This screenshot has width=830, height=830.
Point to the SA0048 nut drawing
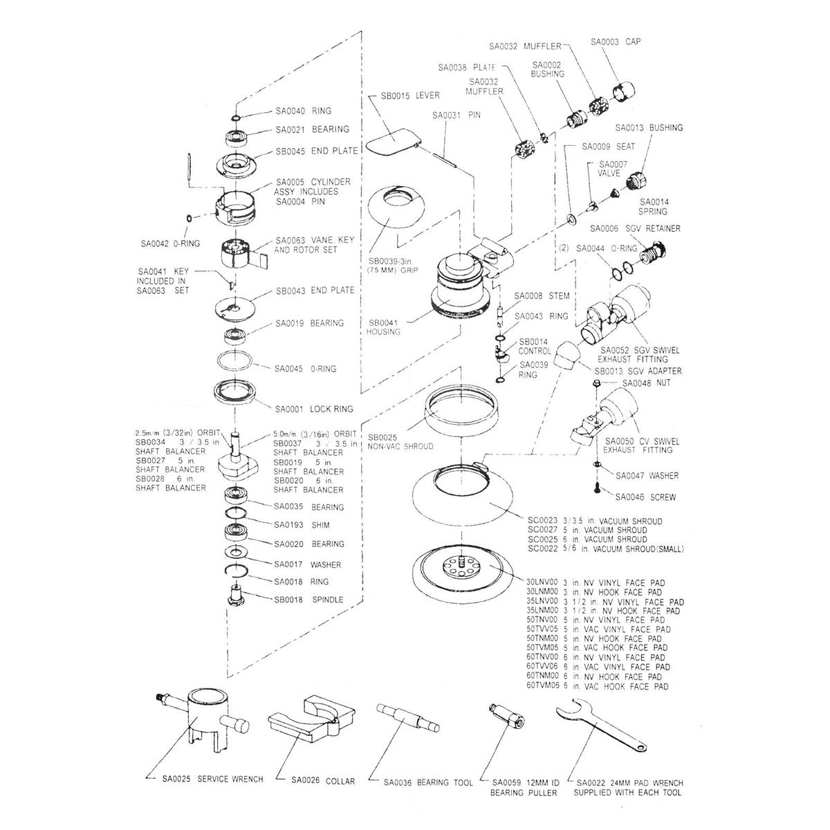point(596,382)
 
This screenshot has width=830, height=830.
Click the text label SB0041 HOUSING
point(385,327)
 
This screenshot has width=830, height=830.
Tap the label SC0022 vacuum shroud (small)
point(606,548)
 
